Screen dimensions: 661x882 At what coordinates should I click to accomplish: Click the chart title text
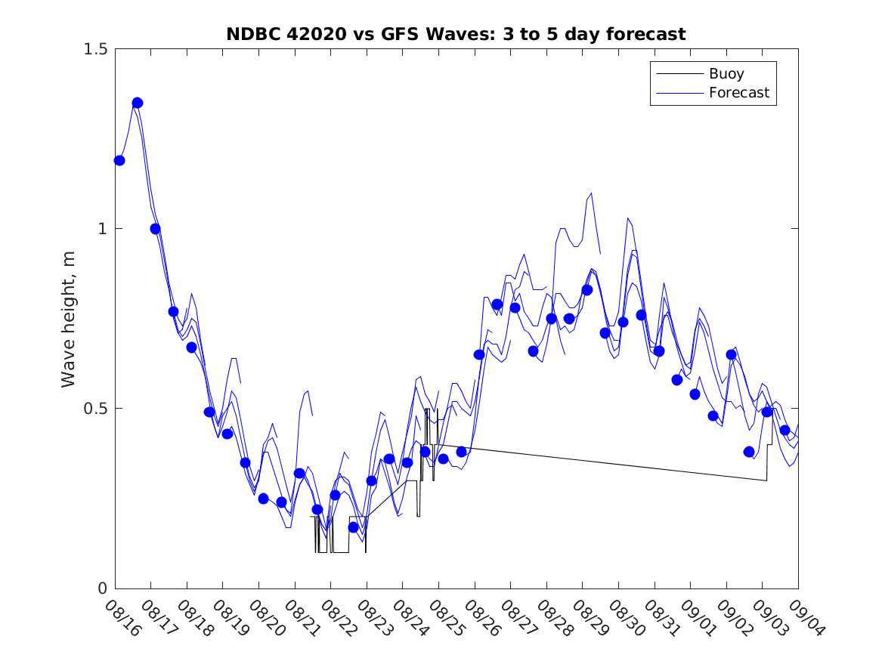[x=456, y=35]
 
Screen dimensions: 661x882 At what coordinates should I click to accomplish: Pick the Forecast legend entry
[x=738, y=93]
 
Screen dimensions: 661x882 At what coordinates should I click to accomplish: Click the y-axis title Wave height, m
[x=70, y=319]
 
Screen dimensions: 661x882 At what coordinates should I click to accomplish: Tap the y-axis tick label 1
[x=103, y=229]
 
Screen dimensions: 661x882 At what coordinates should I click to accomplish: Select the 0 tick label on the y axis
[x=103, y=588]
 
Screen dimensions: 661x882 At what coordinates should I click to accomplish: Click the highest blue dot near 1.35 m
[x=138, y=103]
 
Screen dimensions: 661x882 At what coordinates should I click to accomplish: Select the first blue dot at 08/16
[x=119, y=160]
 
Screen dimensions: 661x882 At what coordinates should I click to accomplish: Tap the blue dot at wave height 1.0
[x=155, y=229]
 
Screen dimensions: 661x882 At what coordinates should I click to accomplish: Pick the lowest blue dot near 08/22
[x=353, y=527]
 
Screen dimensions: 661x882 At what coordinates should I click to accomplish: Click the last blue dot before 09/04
[x=785, y=430]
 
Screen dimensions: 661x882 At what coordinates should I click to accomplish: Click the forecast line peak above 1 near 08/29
[x=591, y=193]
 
